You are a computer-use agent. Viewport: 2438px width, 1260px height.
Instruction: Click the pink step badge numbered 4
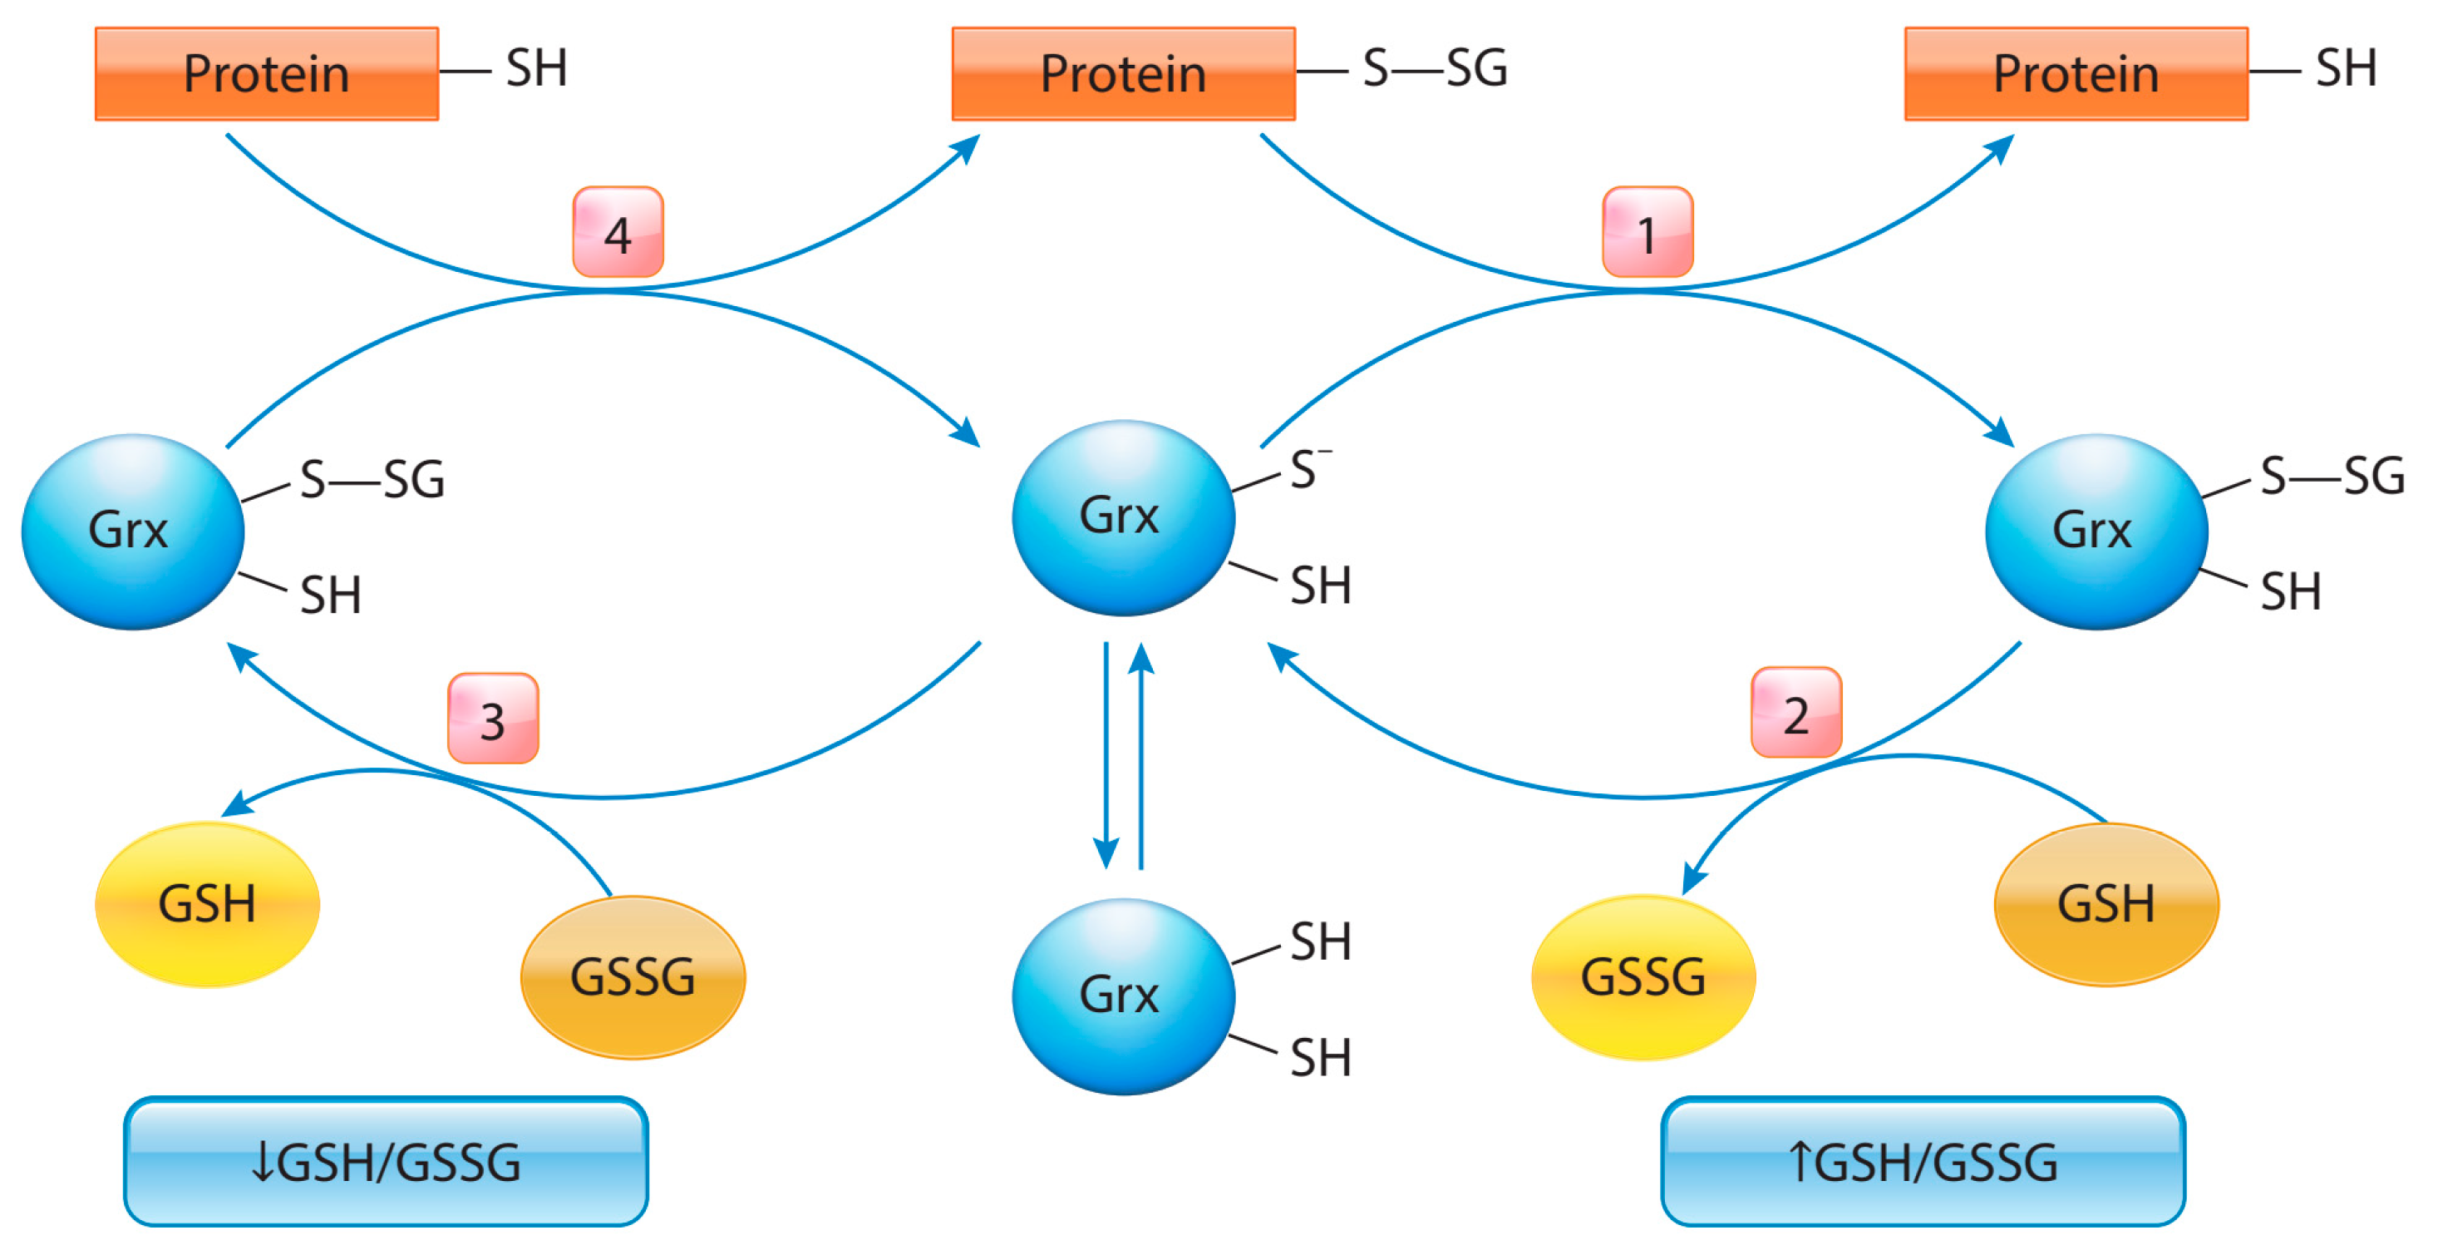(618, 232)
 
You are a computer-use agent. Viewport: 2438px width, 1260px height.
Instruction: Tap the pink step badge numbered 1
(1647, 232)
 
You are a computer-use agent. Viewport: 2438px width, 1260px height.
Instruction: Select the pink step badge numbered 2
(1795, 712)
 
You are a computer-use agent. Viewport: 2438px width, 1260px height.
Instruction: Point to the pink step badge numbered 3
(492, 719)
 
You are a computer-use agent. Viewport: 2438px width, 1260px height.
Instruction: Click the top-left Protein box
(266, 74)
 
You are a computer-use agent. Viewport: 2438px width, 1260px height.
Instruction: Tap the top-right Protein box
(2076, 74)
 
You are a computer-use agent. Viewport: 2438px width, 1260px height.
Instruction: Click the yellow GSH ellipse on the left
(207, 904)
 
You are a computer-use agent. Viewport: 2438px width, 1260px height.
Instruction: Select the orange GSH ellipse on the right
(2106, 904)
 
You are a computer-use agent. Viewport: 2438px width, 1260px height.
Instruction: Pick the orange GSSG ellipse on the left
(633, 977)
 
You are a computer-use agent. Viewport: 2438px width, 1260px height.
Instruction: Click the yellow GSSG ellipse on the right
(1643, 977)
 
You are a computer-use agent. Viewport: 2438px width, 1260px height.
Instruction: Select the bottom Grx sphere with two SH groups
(1122, 996)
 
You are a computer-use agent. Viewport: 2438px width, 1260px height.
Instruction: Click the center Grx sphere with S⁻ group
(1122, 516)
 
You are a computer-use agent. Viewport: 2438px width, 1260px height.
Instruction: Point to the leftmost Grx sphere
(132, 531)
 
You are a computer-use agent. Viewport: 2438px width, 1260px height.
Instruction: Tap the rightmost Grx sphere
(2096, 531)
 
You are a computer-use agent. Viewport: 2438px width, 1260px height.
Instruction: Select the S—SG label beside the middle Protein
(1434, 69)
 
